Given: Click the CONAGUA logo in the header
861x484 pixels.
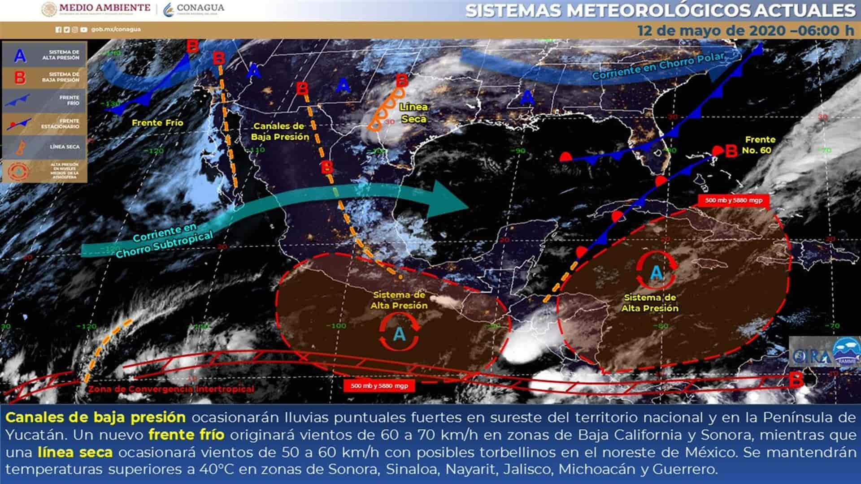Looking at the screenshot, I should (x=194, y=9).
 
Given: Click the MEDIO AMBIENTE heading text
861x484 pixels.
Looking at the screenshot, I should (x=104, y=8).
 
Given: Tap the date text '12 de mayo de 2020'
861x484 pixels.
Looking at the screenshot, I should (x=711, y=31).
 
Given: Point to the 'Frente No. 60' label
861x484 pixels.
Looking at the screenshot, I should (x=759, y=145).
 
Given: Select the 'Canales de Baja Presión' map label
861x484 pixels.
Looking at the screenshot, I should (x=279, y=131).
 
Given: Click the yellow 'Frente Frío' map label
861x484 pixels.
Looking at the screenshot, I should (x=157, y=122).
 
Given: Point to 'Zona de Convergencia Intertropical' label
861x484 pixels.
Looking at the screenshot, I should (x=171, y=389).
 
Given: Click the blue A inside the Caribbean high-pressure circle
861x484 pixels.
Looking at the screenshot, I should (x=656, y=272).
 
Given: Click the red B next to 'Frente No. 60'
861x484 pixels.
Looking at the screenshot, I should (x=731, y=151).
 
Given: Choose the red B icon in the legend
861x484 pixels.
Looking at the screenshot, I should (x=20, y=77).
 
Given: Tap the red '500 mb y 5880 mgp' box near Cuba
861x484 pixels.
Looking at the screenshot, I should (x=734, y=200).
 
